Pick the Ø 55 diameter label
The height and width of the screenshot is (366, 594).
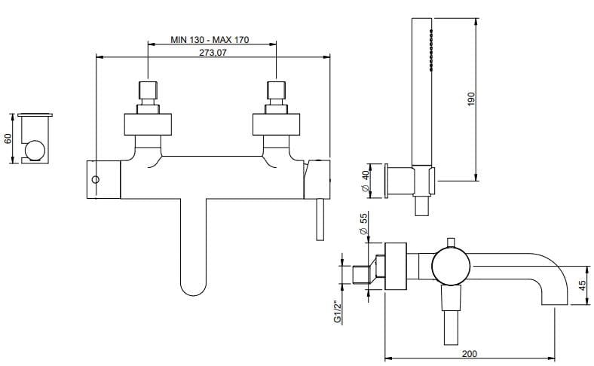point(365,224)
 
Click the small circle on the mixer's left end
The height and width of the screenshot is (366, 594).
point(95,180)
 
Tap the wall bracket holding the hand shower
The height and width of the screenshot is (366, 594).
point(400,181)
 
